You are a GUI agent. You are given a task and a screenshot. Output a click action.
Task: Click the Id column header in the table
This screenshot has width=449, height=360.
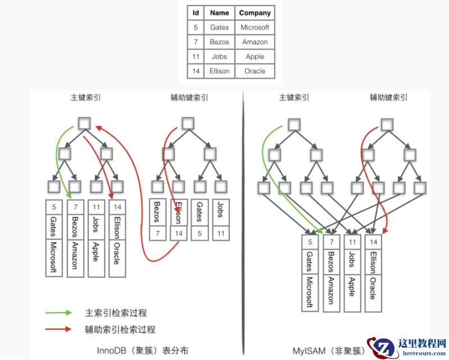pos(196,12)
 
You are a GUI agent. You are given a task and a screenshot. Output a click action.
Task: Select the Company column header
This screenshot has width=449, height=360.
pos(255,12)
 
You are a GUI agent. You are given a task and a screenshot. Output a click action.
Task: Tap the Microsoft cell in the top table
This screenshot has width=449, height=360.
pos(255,27)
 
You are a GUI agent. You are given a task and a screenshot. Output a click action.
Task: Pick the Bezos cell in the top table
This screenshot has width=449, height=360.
pos(219,42)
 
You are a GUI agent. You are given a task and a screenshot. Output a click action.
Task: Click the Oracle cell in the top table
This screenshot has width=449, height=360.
pos(255,71)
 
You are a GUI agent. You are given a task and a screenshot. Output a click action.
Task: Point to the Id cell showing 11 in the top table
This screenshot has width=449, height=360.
pos(196,57)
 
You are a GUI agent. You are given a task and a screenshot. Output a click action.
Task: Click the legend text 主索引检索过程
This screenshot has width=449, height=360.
pos(115,313)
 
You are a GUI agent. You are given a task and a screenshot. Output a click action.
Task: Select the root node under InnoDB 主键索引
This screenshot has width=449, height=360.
pos(85,123)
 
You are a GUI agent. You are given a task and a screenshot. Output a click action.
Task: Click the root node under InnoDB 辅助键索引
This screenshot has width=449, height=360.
pos(188,123)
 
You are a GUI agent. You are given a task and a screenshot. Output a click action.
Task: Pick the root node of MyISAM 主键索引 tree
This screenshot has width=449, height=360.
pos(294,124)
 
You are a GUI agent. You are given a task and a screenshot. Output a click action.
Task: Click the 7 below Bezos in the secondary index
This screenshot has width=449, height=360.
pos(158,232)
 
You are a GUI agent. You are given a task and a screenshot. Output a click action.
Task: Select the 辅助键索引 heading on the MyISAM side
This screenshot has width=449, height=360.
pos(388,97)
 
